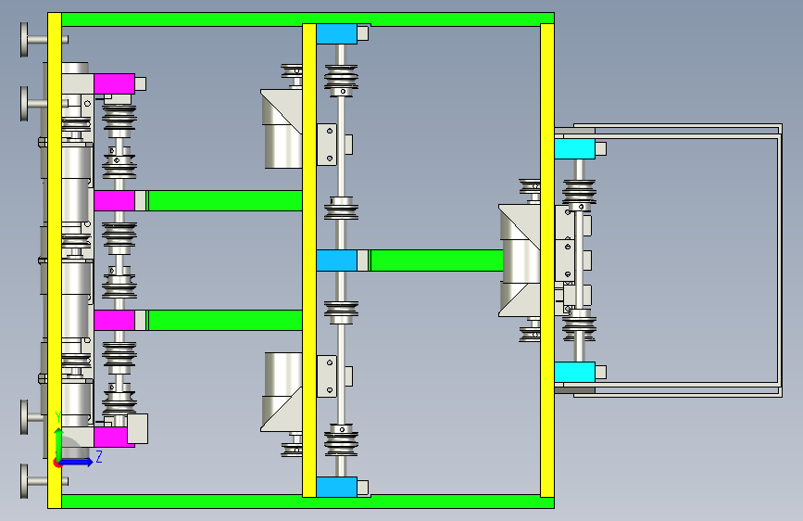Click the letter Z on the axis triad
coord(98,457)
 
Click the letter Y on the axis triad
coord(57,416)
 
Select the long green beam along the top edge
coord(306,18)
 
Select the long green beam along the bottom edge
coord(306,502)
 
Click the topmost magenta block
coord(114,83)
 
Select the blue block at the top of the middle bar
coord(336,33)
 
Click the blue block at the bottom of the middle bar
coord(336,487)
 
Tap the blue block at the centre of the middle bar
coord(336,260)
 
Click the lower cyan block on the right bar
coord(574,372)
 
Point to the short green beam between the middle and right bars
coord(435,260)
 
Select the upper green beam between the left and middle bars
coord(225,200)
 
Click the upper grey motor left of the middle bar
coord(282,130)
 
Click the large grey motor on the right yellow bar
coord(524,260)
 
